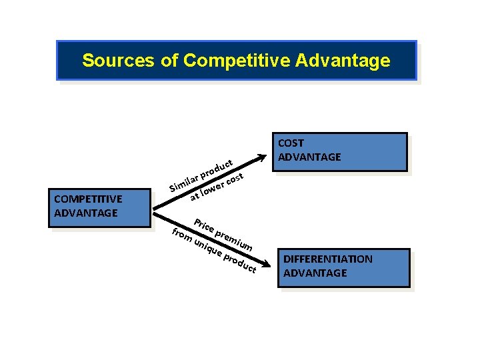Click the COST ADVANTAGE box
pyautogui.click(x=340, y=152)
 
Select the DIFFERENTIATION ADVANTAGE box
pyautogui.click(x=343, y=267)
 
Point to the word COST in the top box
pyautogui.click(x=291, y=143)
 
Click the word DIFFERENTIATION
pyautogui.click(x=328, y=259)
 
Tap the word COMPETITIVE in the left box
pyautogui.click(x=88, y=199)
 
